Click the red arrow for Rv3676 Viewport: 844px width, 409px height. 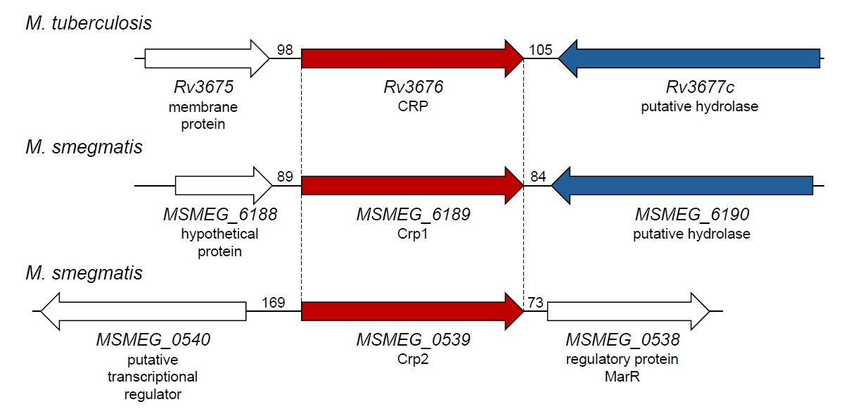pyautogui.click(x=412, y=58)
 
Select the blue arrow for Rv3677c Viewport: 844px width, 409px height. pyautogui.click(x=689, y=58)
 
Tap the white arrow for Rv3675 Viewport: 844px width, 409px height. pyautogui.click(x=207, y=58)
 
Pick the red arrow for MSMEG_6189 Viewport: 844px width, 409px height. pyautogui.click(x=412, y=185)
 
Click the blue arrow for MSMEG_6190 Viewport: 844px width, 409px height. pyautogui.click(x=682, y=185)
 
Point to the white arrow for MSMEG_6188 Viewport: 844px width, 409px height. pyautogui.click(x=224, y=185)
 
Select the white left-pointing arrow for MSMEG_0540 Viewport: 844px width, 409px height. pyautogui.click(x=143, y=311)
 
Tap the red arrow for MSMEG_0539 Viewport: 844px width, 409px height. pyautogui.click(x=412, y=311)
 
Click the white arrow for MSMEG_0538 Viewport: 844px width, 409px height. pyautogui.click(x=629, y=311)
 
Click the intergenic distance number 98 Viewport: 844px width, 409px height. pyautogui.click(x=284, y=50)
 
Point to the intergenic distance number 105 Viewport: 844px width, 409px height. pyautogui.click(x=540, y=50)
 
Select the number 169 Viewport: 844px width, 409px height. pyautogui.click(x=273, y=302)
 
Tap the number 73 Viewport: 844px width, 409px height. pyautogui.click(x=535, y=302)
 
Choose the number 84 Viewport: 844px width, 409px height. pyautogui.click(x=538, y=177)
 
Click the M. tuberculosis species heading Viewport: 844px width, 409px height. pyautogui.click(x=89, y=23)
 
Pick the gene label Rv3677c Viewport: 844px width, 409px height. pyautogui.click(x=700, y=87)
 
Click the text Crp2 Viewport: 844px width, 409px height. pyautogui.click(x=413, y=359)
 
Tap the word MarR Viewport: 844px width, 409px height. pyautogui.click(x=622, y=377)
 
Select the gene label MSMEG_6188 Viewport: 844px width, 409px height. pyautogui.click(x=220, y=215)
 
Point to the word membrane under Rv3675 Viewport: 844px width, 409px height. pyautogui.click(x=203, y=108)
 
